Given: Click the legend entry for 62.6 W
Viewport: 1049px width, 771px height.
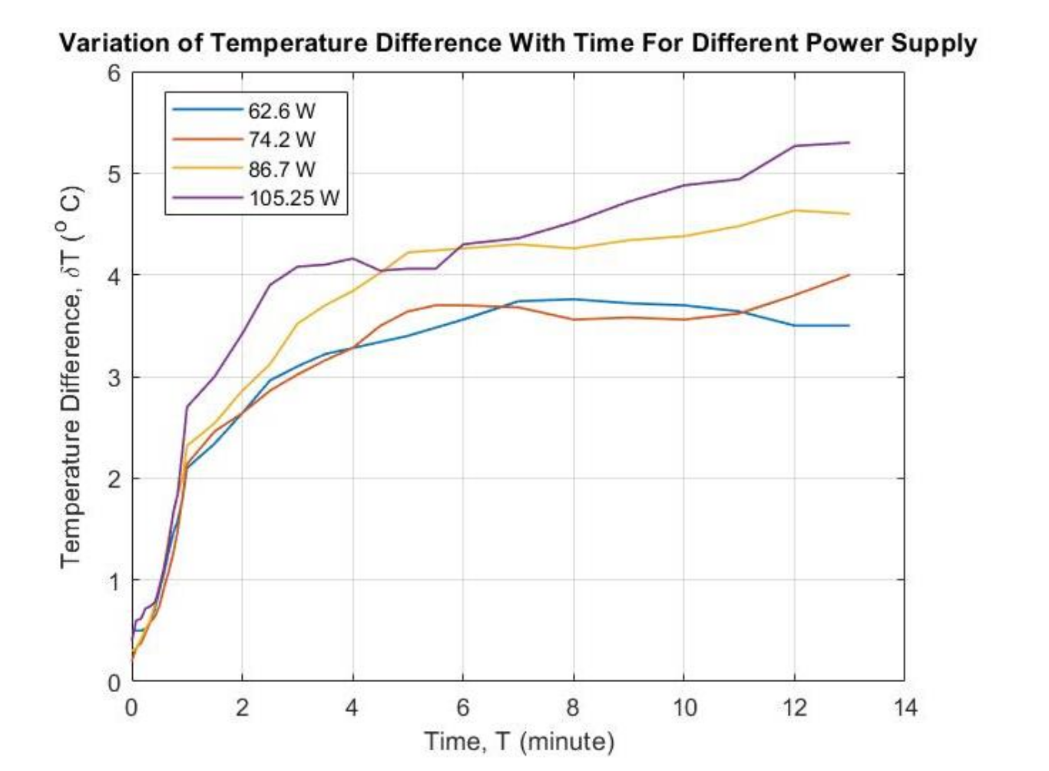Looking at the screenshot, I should pyautogui.click(x=281, y=111).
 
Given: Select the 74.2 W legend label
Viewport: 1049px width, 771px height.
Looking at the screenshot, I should pyautogui.click(x=281, y=140).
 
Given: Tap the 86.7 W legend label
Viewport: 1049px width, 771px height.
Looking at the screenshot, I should pyautogui.click(x=281, y=169).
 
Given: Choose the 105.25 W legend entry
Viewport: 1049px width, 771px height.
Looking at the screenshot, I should pyautogui.click(x=293, y=198).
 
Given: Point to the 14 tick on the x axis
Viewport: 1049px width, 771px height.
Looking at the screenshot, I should pyautogui.click(x=905, y=707).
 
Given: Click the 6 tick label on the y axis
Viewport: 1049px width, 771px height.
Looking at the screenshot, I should pyautogui.click(x=114, y=74).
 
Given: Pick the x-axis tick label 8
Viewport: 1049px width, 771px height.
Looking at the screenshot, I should pyautogui.click(x=573, y=707).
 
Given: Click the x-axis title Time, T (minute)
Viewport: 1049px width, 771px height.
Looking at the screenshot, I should pyautogui.click(x=519, y=742).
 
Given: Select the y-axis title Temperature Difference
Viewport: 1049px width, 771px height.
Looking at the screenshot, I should pyautogui.click(x=71, y=376).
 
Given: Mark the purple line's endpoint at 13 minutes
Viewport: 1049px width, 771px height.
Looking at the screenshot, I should pyautogui.click(x=849, y=143).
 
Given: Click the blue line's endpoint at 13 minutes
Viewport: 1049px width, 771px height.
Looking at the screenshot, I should pyautogui.click(x=849, y=326).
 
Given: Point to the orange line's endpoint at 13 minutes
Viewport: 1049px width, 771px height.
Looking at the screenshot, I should pyautogui.click(x=849, y=275).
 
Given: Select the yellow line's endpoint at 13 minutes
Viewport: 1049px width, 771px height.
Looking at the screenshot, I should pyautogui.click(x=849, y=214).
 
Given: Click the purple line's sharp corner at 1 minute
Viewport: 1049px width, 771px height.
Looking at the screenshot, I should pyautogui.click(x=187, y=406).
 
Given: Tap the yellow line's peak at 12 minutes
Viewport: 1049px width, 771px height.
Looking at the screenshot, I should pyautogui.click(x=794, y=210).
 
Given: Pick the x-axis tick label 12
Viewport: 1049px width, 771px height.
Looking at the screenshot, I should pyautogui.click(x=794, y=707).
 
